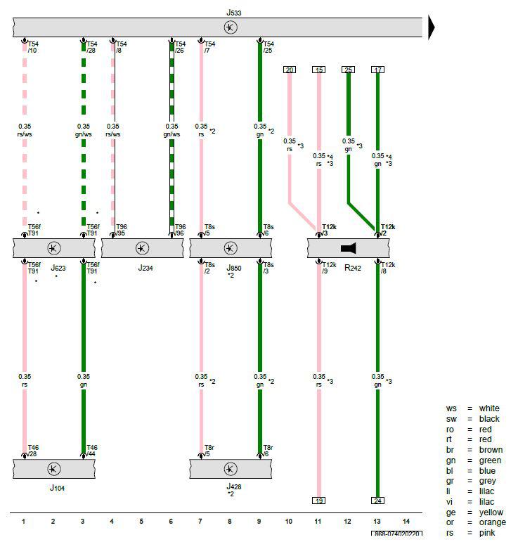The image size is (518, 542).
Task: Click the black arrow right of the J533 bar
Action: pyautogui.click(x=432, y=27)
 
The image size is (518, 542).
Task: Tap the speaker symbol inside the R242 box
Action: pyautogui.click(x=349, y=248)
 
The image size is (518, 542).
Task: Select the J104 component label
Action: pyautogui.click(x=57, y=486)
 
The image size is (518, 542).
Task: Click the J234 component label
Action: pyautogui.click(x=145, y=268)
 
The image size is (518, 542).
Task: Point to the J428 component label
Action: pyautogui.click(x=233, y=486)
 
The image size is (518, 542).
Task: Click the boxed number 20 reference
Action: pyautogui.click(x=290, y=69)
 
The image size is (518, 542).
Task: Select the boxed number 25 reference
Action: pyautogui.click(x=349, y=69)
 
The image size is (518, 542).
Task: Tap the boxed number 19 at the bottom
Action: pyautogui.click(x=319, y=501)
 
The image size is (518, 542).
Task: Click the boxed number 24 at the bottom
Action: pyautogui.click(x=378, y=501)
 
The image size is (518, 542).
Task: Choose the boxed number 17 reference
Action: pyautogui.click(x=378, y=69)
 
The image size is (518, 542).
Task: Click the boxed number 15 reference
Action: pyautogui.click(x=319, y=69)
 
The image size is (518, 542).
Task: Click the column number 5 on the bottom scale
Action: pyautogui.click(x=141, y=521)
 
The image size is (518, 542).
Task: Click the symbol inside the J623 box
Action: pyautogui.click(x=53, y=248)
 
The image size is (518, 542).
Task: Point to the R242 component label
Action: pyautogui.click(x=352, y=268)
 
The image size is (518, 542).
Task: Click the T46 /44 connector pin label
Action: pyautogui.click(x=92, y=450)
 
